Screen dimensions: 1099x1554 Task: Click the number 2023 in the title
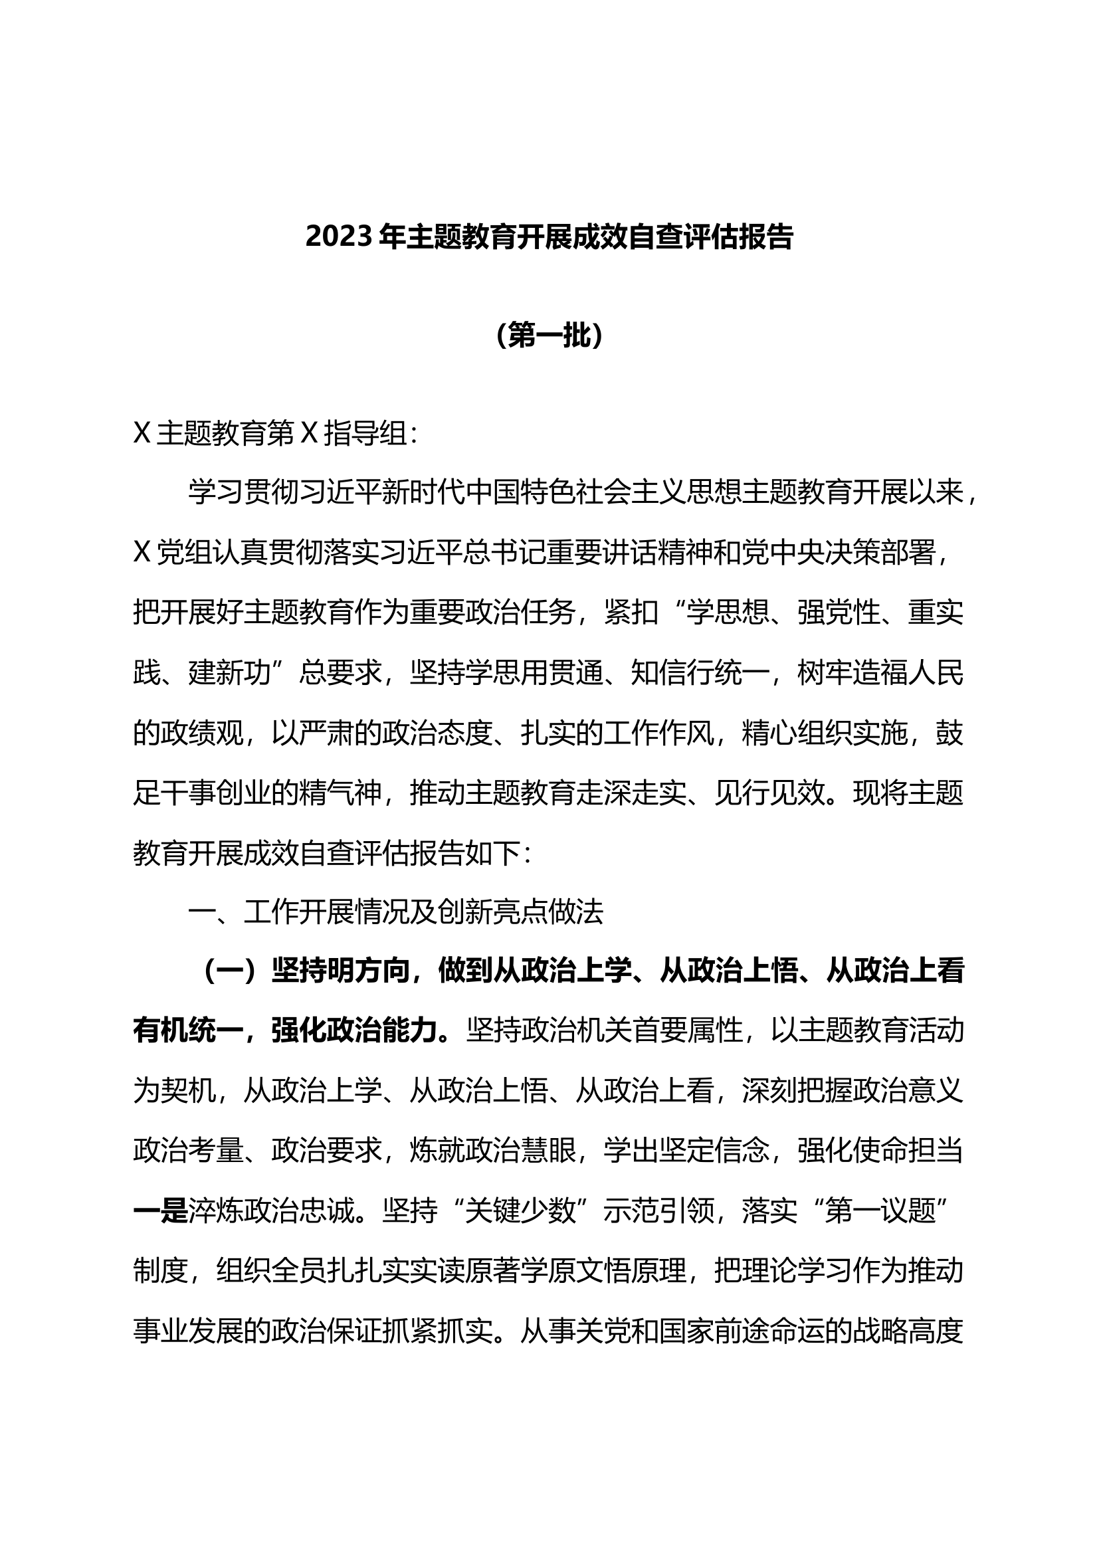[x=339, y=237]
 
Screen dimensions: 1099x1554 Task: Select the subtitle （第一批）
[x=549, y=335]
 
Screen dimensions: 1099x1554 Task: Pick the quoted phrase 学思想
[x=729, y=613]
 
